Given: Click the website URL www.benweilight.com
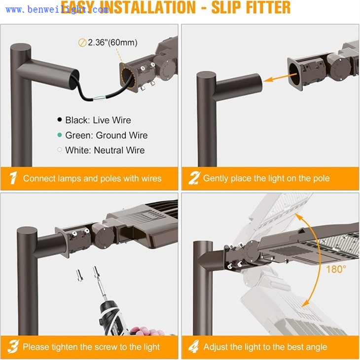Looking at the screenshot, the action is coord(57,10).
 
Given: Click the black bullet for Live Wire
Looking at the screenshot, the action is coord(60,119).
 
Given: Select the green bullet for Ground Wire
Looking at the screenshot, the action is coord(60,135).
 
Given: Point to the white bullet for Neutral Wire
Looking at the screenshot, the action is coord(60,150).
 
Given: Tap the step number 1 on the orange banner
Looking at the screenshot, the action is coord(13,178).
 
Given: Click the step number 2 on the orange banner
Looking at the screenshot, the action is coord(194,178).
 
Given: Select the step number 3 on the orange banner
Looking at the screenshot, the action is coord(13,347).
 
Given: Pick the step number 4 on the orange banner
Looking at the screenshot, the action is coord(193,347).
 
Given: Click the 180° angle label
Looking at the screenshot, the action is coord(336,269).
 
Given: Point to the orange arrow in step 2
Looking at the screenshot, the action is coord(280,77).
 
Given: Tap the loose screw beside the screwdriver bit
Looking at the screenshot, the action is coord(80,275).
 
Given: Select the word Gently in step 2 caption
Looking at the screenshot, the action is coord(216,179).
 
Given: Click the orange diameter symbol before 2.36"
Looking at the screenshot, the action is coord(82,43).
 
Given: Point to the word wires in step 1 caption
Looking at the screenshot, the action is coord(151,179).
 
